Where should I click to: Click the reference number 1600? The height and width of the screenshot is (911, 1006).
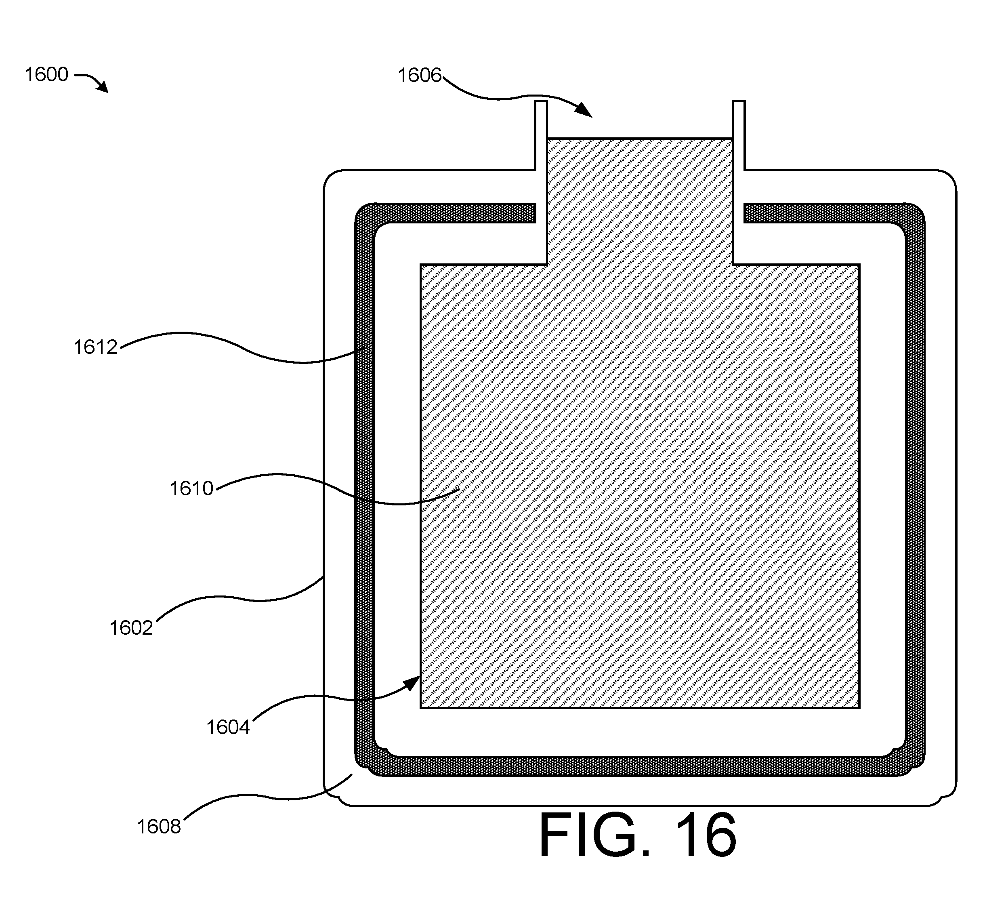(46, 75)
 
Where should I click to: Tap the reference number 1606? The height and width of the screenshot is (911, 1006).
(420, 76)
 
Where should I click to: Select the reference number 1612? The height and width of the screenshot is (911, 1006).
(95, 347)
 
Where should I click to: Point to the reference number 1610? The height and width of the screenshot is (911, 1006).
(191, 488)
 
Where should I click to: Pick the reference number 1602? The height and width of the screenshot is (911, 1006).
(131, 628)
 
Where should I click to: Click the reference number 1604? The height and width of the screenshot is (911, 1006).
(228, 728)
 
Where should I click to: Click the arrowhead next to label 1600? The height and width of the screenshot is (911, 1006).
(103, 87)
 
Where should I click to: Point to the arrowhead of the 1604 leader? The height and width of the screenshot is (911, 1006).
(413, 682)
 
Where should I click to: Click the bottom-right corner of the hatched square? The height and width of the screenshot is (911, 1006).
(859, 707)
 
